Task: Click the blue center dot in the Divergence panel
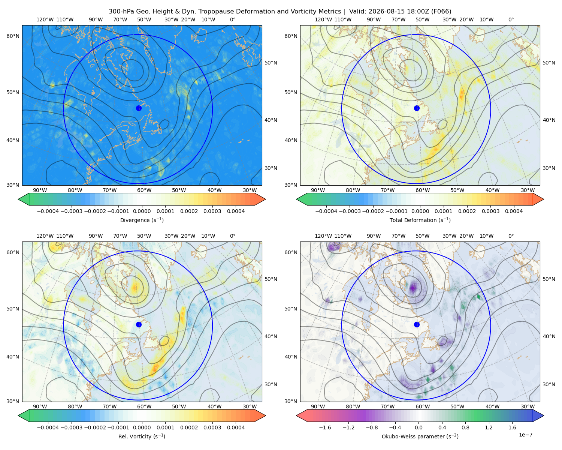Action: [x=139, y=108]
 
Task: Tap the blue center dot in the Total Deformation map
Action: [x=417, y=108]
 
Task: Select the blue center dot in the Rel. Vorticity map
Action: [x=139, y=324]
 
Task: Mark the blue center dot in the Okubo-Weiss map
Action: [x=417, y=324]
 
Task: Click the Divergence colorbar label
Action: [x=142, y=220]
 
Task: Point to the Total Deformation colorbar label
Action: [x=420, y=220]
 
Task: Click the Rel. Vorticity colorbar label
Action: [x=142, y=436]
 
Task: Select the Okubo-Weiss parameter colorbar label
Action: [x=420, y=436]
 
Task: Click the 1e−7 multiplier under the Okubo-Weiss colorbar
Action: [x=525, y=435]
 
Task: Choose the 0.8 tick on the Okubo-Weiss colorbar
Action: [x=465, y=427]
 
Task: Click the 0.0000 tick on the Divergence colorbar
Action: [x=142, y=211]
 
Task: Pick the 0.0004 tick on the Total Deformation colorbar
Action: [x=514, y=211]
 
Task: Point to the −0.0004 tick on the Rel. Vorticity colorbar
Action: [x=48, y=427]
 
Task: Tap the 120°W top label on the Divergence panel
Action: [x=45, y=19]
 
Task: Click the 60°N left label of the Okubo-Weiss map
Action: [x=291, y=252]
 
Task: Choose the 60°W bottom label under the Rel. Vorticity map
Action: [x=144, y=406]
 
